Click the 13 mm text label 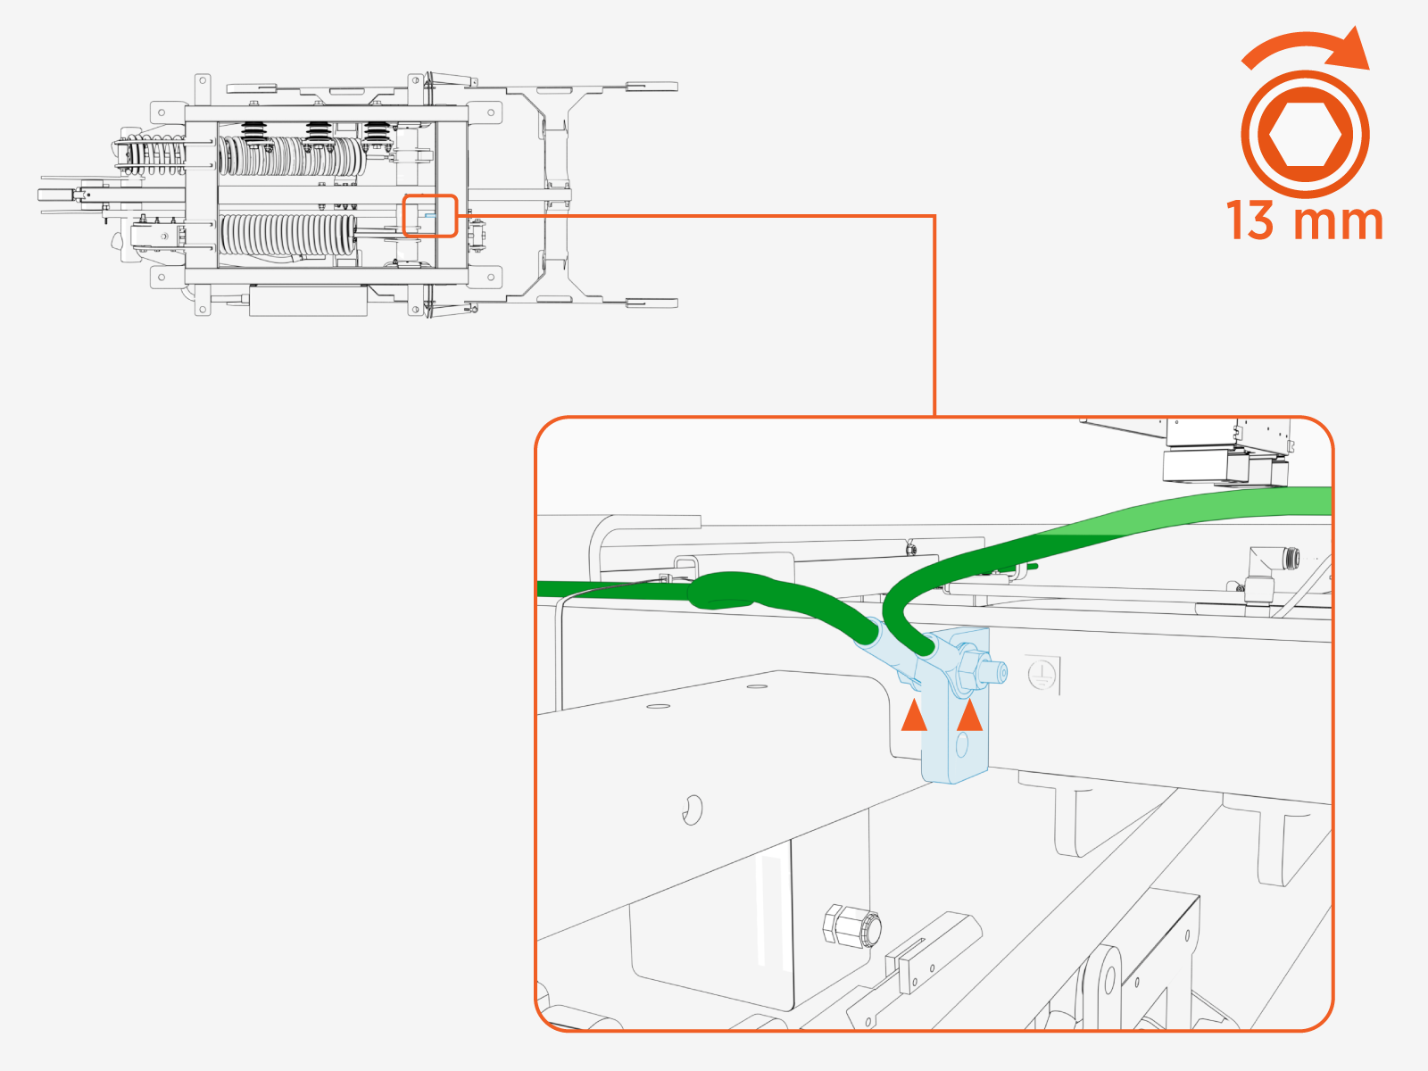click(1304, 220)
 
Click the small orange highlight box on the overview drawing click(430, 216)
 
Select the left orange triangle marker click(914, 716)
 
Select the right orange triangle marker click(969, 716)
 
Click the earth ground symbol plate click(1042, 675)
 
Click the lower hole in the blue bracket click(961, 743)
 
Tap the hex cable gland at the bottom click(851, 926)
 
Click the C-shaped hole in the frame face click(692, 809)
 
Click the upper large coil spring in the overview click(292, 157)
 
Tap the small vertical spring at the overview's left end click(152, 157)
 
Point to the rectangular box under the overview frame click(308, 300)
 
